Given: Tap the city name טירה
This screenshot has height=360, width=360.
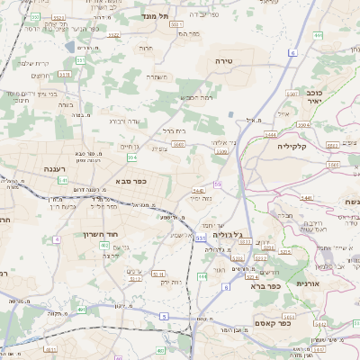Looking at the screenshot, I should (224, 60).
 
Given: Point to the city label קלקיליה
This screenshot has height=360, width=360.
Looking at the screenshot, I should (292, 145).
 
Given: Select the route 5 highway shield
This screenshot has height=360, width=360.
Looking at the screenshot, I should (164, 316).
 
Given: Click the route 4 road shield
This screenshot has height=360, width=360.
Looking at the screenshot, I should (57, 238).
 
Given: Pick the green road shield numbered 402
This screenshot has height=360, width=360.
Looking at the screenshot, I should (104, 246).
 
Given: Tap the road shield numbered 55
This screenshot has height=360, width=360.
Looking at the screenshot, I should (217, 184).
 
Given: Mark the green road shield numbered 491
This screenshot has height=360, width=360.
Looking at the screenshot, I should (82, 310).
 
